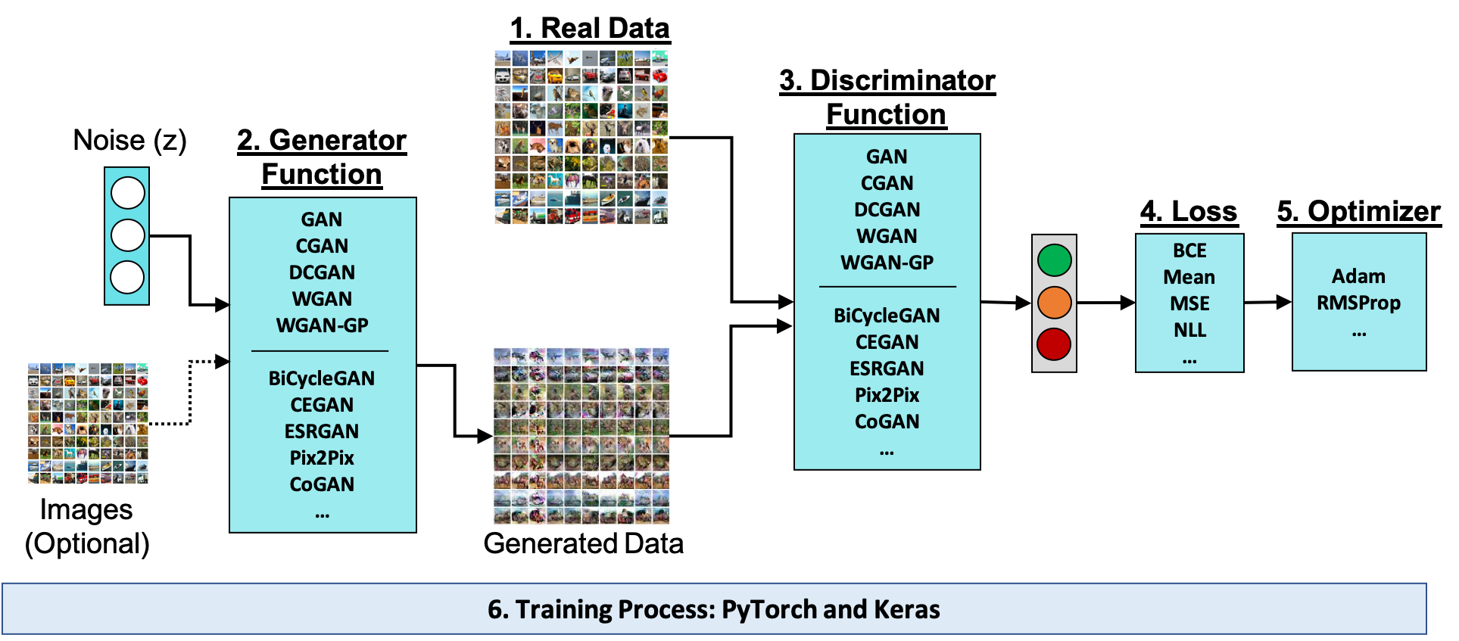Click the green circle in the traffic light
[1054, 260]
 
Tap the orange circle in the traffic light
[1054, 302]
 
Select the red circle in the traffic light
[1054, 344]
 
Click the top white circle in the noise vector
[127, 193]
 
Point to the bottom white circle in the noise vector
[127, 277]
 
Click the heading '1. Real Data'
[590, 29]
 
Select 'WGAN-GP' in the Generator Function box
[323, 325]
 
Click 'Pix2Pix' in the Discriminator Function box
[887, 395]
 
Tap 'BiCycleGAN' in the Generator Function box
[322, 378]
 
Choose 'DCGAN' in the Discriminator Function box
[887, 210]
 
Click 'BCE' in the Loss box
[1189, 250]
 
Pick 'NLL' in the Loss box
[1189, 330]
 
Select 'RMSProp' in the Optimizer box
[1358, 303]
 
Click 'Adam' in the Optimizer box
[1358, 276]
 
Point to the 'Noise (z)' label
[129, 141]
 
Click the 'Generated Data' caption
[583, 543]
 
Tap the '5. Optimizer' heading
[1358, 211]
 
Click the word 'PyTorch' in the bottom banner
[769, 610]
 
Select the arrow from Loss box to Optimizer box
[1267, 302]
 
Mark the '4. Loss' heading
[1189, 211]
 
